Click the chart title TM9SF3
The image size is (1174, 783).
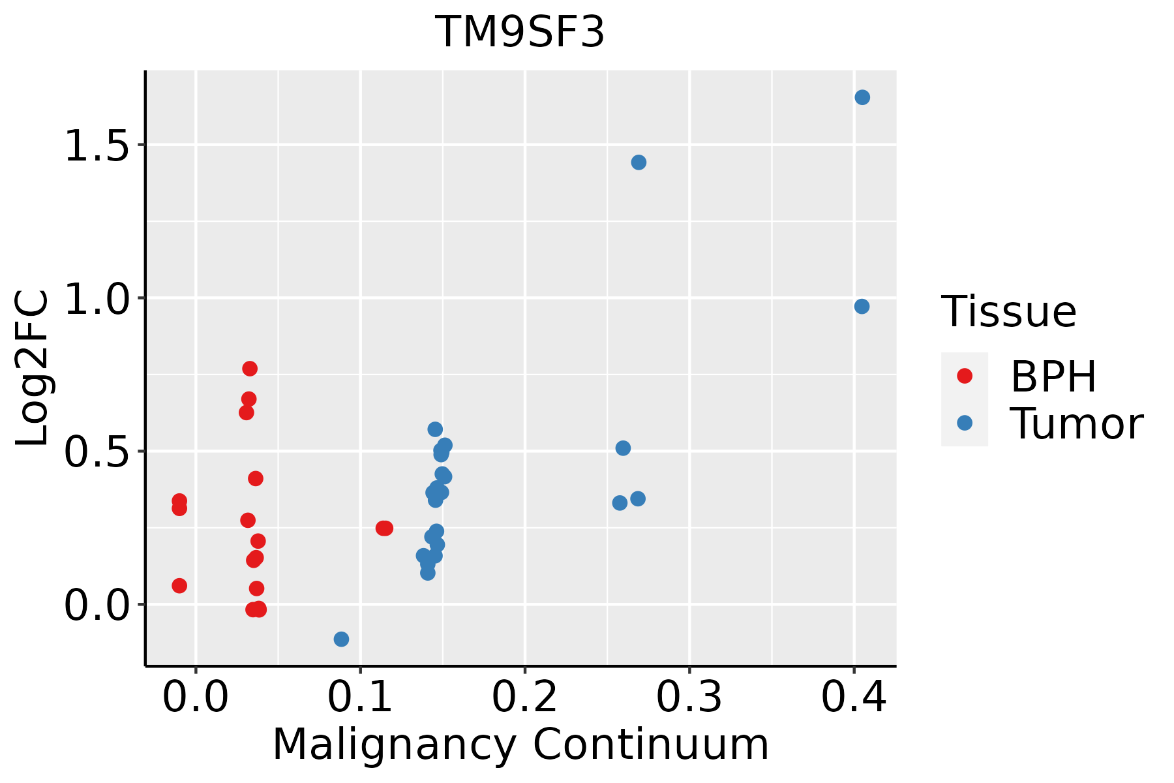(520, 33)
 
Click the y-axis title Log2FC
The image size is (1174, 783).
(33, 369)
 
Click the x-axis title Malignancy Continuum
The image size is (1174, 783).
(520, 745)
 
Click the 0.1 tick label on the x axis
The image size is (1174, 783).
(360, 697)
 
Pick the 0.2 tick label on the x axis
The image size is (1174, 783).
(524, 697)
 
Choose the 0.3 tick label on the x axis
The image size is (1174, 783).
(689, 697)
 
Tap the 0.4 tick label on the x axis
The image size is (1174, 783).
(853, 697)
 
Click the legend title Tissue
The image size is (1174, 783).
(1009, 312)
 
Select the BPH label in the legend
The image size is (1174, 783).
(1053, 376)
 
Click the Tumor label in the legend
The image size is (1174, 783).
(1076, 424)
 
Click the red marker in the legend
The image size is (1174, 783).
(964, 376)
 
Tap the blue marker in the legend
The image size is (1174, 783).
(964, 423)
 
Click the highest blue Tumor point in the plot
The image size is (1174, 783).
(862, 97)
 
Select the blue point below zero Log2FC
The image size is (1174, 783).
(341, 639)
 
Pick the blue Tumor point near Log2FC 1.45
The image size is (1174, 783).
(639, 162)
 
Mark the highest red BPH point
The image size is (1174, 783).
(250, 369)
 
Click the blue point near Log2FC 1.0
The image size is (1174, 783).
(862, 306)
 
